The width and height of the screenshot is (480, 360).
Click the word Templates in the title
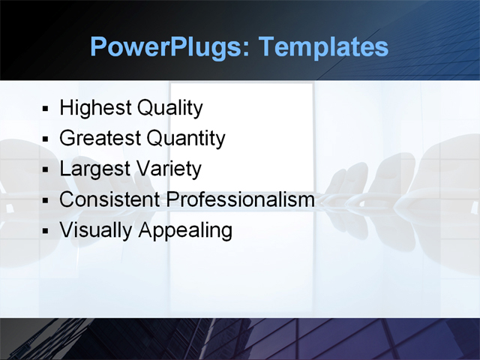[x=323, y=47]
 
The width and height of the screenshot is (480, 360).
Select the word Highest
[x=95, y=108]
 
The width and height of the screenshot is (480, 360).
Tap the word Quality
[x=169, y=108]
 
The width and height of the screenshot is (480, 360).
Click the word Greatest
[x=100, y=139]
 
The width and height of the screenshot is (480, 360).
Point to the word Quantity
[x=186, y=139]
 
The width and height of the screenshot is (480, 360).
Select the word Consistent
[x=109, y=199]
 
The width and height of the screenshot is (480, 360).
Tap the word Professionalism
[x=240, y=199]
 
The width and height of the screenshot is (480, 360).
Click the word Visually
[x=95, y=230]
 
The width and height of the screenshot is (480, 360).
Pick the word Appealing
[x=185, y=230]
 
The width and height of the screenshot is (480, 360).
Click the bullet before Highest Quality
[x=46, y=109]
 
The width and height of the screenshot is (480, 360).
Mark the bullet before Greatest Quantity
[x=46, y=140]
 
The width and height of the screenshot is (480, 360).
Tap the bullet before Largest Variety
[x=46, y=170]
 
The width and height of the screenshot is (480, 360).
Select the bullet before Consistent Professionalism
[x=46, y=201]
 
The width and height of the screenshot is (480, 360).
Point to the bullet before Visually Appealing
[x=46, y=231]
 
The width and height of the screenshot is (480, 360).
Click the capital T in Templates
[x=265, y=47]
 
